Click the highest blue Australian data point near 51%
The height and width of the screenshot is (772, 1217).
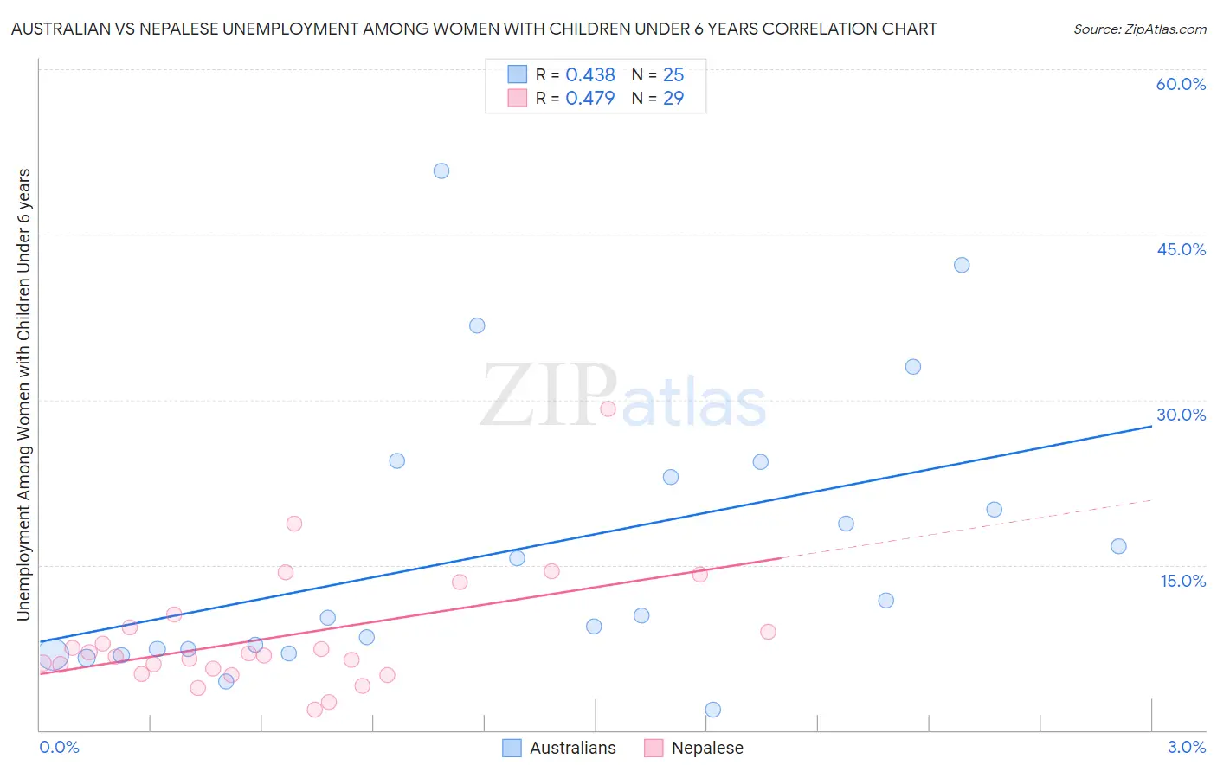coord(441,171)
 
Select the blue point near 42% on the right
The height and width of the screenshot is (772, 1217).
coord(962,265)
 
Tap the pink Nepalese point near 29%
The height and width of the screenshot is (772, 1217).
coord(608,409)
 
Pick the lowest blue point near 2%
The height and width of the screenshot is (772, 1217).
coord(713,710)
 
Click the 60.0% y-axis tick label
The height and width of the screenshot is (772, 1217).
coord(1181,85)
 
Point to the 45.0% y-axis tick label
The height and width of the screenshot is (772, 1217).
coord(1181,250)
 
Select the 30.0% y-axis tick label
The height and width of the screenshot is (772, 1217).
coord(1181,415)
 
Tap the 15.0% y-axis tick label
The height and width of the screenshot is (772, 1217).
coord(1182,581)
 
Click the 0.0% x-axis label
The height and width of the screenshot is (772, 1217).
coord(59,748)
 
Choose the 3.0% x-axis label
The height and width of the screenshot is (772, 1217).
coord(1186,748)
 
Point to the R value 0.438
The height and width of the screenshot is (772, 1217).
coord(589,75)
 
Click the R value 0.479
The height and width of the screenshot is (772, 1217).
coord(589,99)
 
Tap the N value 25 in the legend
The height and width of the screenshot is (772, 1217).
coord(673,75)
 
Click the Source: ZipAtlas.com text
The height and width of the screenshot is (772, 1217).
coord(1139,29)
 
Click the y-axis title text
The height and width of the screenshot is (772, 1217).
coord(24,395)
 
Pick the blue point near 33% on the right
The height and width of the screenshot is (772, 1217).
coord(913,367)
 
